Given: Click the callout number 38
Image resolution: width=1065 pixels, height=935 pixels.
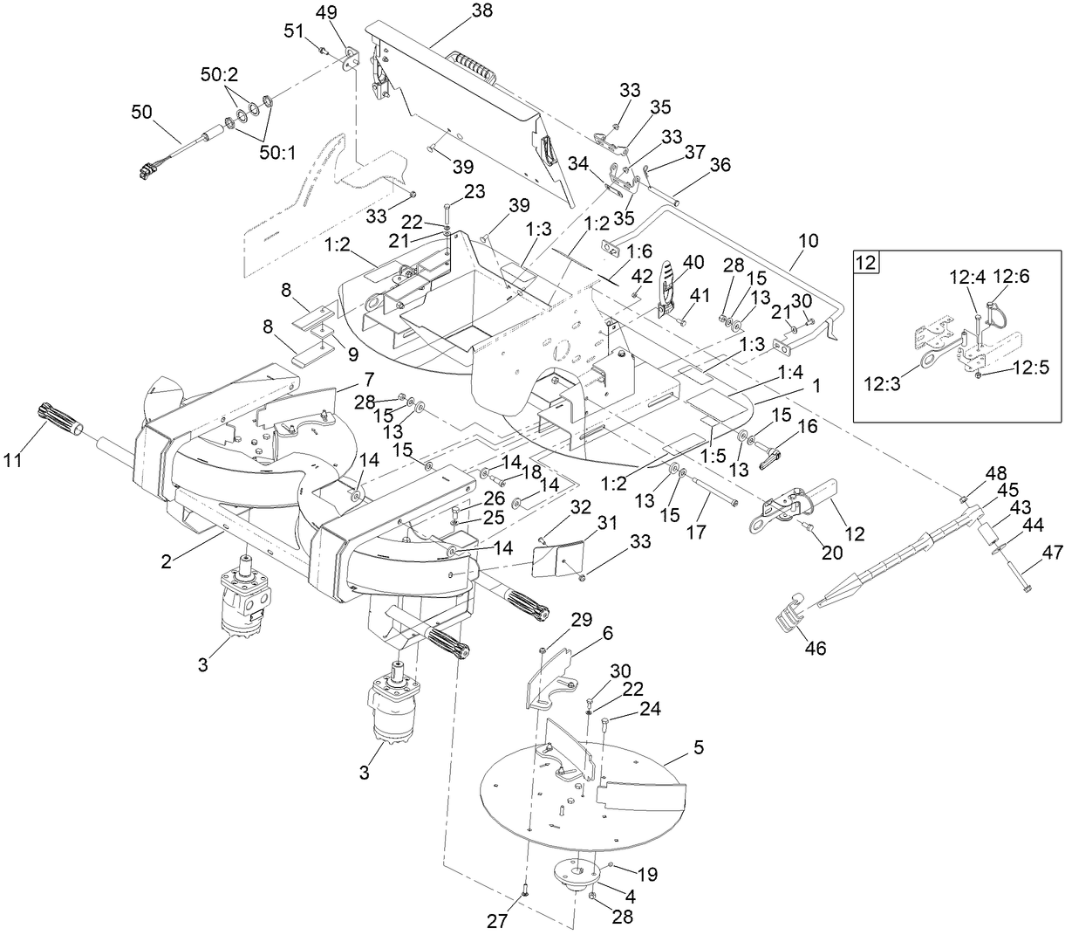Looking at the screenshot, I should [x=481, y=11].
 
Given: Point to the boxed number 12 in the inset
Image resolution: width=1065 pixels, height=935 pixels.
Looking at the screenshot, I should [x=867, y=261].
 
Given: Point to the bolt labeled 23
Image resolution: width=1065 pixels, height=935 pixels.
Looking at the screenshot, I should [x=447, y=210].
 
